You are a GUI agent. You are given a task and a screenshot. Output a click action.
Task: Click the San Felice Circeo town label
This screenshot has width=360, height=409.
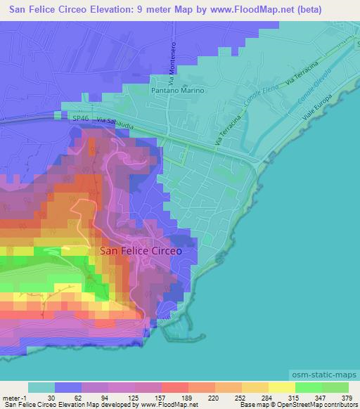coord(141,250)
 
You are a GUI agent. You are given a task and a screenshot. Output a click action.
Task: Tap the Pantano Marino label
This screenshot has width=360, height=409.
coord(178,91)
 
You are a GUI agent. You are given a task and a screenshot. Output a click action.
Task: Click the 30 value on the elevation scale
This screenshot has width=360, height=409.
coord(51,398)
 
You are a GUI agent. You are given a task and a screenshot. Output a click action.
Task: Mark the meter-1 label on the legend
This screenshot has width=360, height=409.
coord(13,398)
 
